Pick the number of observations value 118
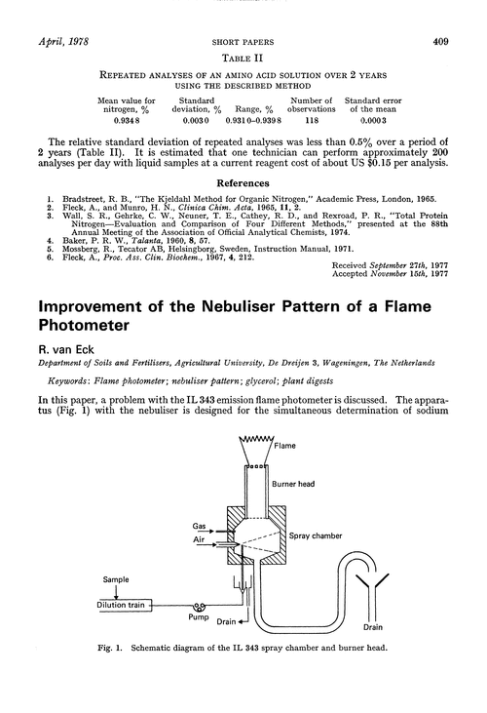pyautogui.click(x=314, y=121)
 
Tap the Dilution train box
pyautogui.click(x=99, y=604)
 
